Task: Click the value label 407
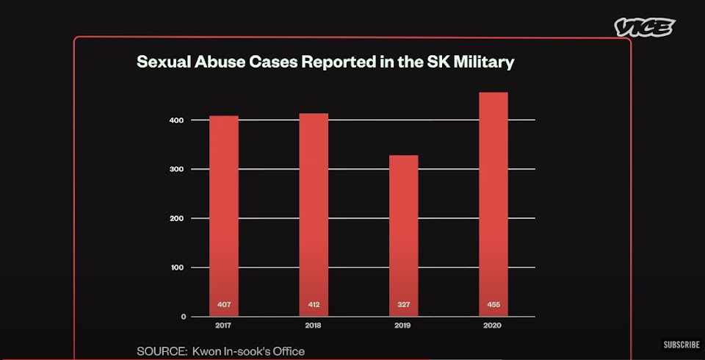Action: click(224, 305)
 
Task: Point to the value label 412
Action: click(314, 305)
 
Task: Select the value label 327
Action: click(403, 305)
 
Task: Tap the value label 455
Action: click(493, 305)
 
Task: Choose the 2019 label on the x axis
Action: click(403, 325)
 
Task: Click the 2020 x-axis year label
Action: click(493, 325)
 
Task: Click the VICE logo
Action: click(644, 28)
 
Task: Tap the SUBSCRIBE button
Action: click(681, 344)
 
